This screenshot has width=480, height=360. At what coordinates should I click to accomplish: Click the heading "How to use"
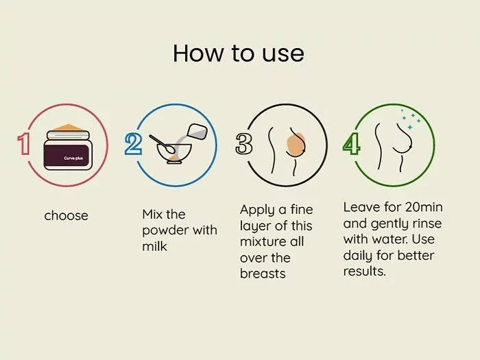click(x=239, y=53)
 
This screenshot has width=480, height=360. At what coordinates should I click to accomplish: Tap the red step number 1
click(x=23, y=144)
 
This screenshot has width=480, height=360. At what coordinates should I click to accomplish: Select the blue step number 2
click(x=133, y=144)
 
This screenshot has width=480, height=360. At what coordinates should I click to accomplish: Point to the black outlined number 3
click(x=243, y=144)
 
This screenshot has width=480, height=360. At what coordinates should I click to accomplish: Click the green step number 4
click(x=351, y=144)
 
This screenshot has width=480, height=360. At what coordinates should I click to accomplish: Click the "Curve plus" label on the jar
click(x=73, y=158)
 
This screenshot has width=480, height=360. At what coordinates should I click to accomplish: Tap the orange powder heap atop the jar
click(x=68, y=128)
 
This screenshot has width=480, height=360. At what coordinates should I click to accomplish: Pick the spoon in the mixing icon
click(x=163, y=144)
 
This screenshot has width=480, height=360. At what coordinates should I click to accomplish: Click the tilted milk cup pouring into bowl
click(x=197, y=130)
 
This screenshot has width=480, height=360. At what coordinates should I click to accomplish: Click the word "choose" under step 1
click(x=66, y=216)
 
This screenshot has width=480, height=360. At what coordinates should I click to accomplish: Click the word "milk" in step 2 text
click(x=154, y=246)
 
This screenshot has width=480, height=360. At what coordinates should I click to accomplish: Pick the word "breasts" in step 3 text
click(x=263, y=274)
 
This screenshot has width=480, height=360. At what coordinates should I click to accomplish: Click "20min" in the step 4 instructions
click(x=424, y=207)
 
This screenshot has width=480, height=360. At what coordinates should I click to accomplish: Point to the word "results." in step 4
click(x=365, y=272)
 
